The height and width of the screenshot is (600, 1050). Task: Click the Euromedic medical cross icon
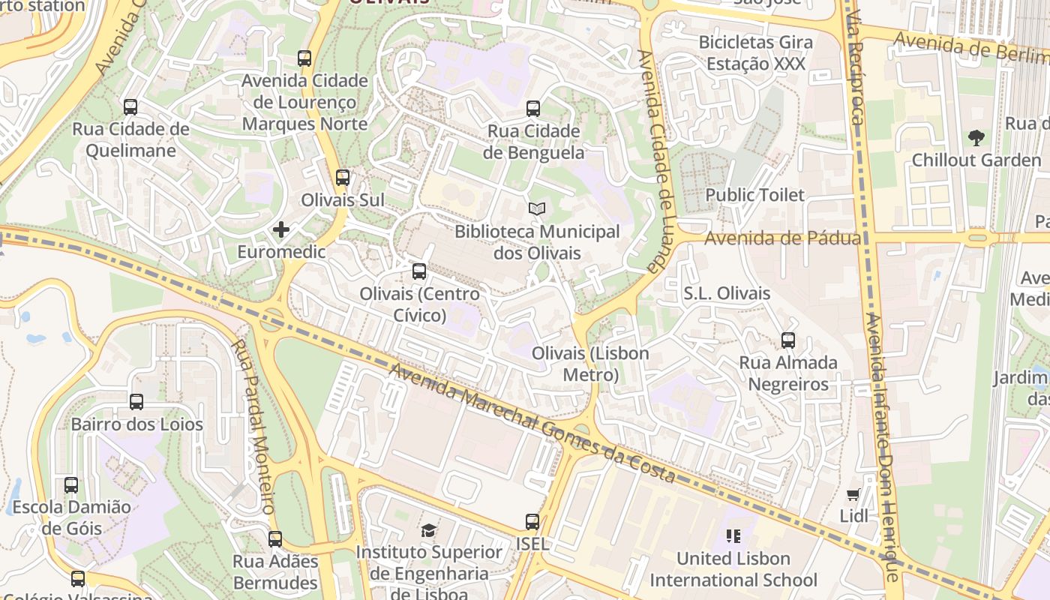(x=281, y=229)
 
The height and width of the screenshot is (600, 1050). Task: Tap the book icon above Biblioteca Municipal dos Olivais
(x=535, y=208)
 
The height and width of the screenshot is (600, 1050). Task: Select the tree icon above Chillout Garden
(x=976, y=137)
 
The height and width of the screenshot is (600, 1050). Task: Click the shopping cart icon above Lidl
(x=853, y=494)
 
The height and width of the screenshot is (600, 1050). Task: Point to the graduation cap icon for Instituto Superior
(x=428, y=531)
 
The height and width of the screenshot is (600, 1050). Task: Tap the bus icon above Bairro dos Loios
(x=136, y=402)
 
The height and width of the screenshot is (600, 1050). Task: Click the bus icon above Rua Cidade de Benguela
(x=533, y=109)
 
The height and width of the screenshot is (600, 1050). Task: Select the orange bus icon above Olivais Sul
(x=343, y=178)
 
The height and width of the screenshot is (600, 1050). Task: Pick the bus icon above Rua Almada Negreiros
(x=788, y=340)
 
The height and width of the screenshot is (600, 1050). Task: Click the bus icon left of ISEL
(x=532, y=522)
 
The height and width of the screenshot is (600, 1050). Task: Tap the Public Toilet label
(x=754, y=195)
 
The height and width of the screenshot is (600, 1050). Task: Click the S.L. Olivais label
(x=727, y=293)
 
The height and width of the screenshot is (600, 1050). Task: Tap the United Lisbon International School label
(x=733, y=569)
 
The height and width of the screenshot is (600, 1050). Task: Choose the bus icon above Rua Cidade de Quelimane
(x=130, y=107)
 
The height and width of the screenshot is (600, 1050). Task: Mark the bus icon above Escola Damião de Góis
(x=71, y=485)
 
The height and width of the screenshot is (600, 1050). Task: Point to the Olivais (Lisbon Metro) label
(x=590, y=364)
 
